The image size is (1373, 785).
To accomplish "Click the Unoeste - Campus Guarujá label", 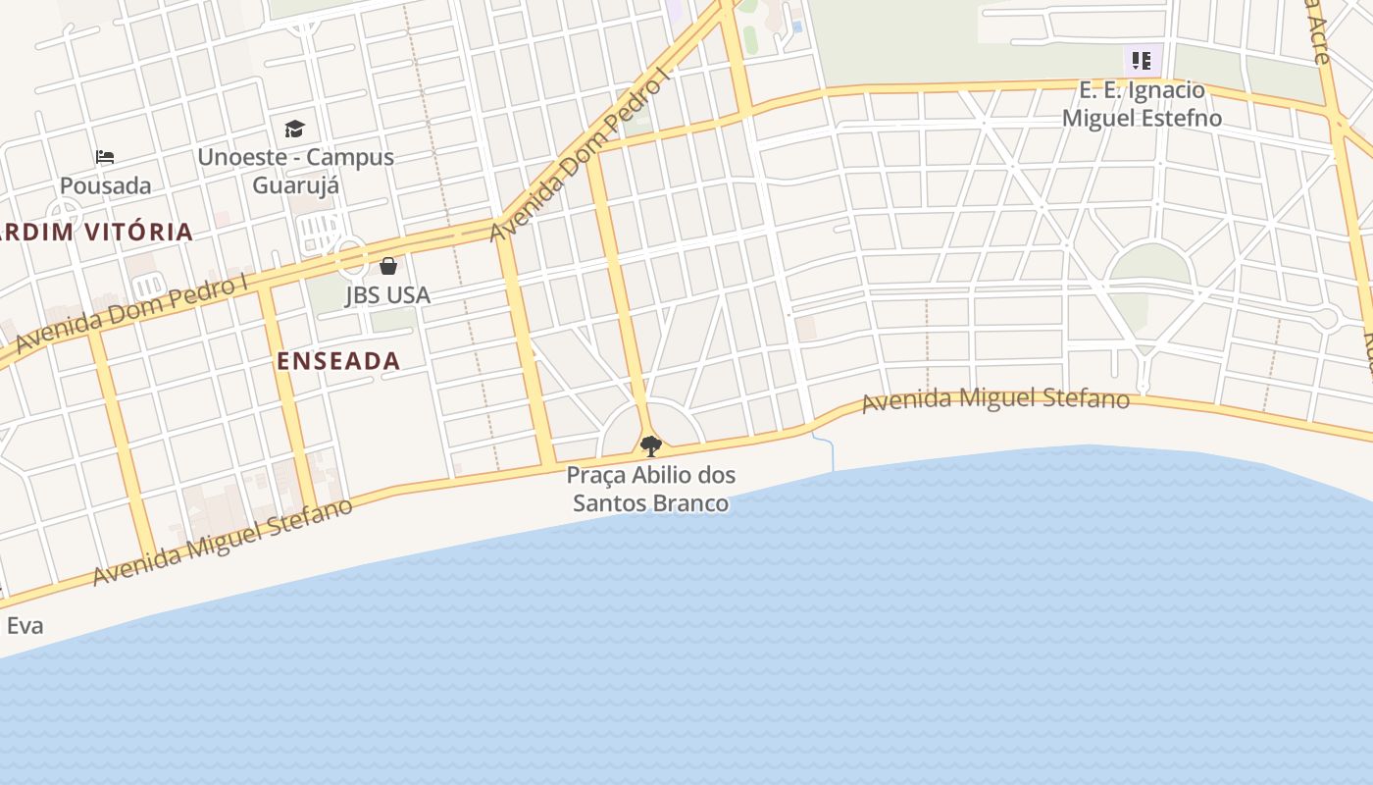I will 295,171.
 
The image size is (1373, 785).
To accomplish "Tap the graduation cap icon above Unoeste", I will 294,129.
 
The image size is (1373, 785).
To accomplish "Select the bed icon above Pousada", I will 105,157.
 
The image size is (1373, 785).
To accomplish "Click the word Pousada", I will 106,185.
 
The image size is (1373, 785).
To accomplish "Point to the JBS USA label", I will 387,294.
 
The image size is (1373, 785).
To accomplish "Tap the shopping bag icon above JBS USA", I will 388,265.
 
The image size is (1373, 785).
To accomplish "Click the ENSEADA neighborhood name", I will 338,360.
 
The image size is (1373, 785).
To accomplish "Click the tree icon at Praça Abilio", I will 650,446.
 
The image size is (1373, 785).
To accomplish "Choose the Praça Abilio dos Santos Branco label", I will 651,489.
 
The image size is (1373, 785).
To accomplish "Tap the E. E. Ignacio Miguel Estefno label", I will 1143,104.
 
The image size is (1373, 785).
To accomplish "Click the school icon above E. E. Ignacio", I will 1142,61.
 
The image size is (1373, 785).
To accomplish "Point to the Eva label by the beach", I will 25,625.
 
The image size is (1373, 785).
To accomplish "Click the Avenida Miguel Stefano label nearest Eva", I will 223,543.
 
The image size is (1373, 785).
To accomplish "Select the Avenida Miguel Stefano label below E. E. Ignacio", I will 995,400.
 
